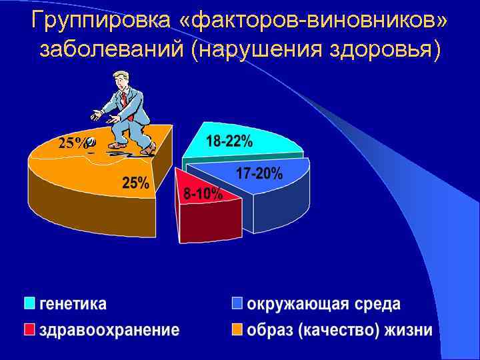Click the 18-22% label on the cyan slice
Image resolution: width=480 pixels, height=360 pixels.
pyautogui.click(x=229, y=141)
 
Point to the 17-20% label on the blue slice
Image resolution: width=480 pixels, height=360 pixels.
pyautogui.click(x=259, y=174)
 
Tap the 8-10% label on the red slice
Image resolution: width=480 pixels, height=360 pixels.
pyautogui.click(x=203, y=194)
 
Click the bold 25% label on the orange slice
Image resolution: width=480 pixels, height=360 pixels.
pyautogui.click(x=135, y=183)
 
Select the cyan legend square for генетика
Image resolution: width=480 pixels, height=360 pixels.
pyautogui.click(x=29, y=303)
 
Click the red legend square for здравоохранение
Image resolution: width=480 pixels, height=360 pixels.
pyautogui.click(x=29, y=329)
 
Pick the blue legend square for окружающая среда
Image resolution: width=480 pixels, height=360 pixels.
pyautogui.click(x=237, y=303)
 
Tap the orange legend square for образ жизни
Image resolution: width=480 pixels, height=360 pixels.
pyautogui.click(x=237, y=329)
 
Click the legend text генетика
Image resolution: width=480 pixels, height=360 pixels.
pyautogui.click(x=73, y=304)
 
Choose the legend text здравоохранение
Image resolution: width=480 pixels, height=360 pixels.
pyautogui.click(x=109, y=330)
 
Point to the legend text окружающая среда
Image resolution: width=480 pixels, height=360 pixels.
pyautogui.click(x=324, y=304)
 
